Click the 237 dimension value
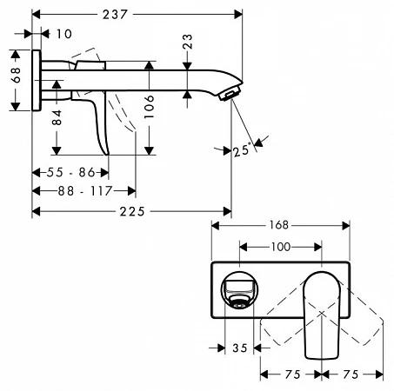click(x=115, y=15)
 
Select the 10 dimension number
click(x=64, y=34)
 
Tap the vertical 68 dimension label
click(x=16, y=75)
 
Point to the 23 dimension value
click(x=188, y=42)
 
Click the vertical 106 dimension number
click(x=149, y=106)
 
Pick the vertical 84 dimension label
click(x=57, y=117)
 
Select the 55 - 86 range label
click(x=71, y=173)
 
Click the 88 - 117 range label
click(x=85, y=191)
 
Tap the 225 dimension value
click(x=132, y=212)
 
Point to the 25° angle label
click(x=241, y=150)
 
